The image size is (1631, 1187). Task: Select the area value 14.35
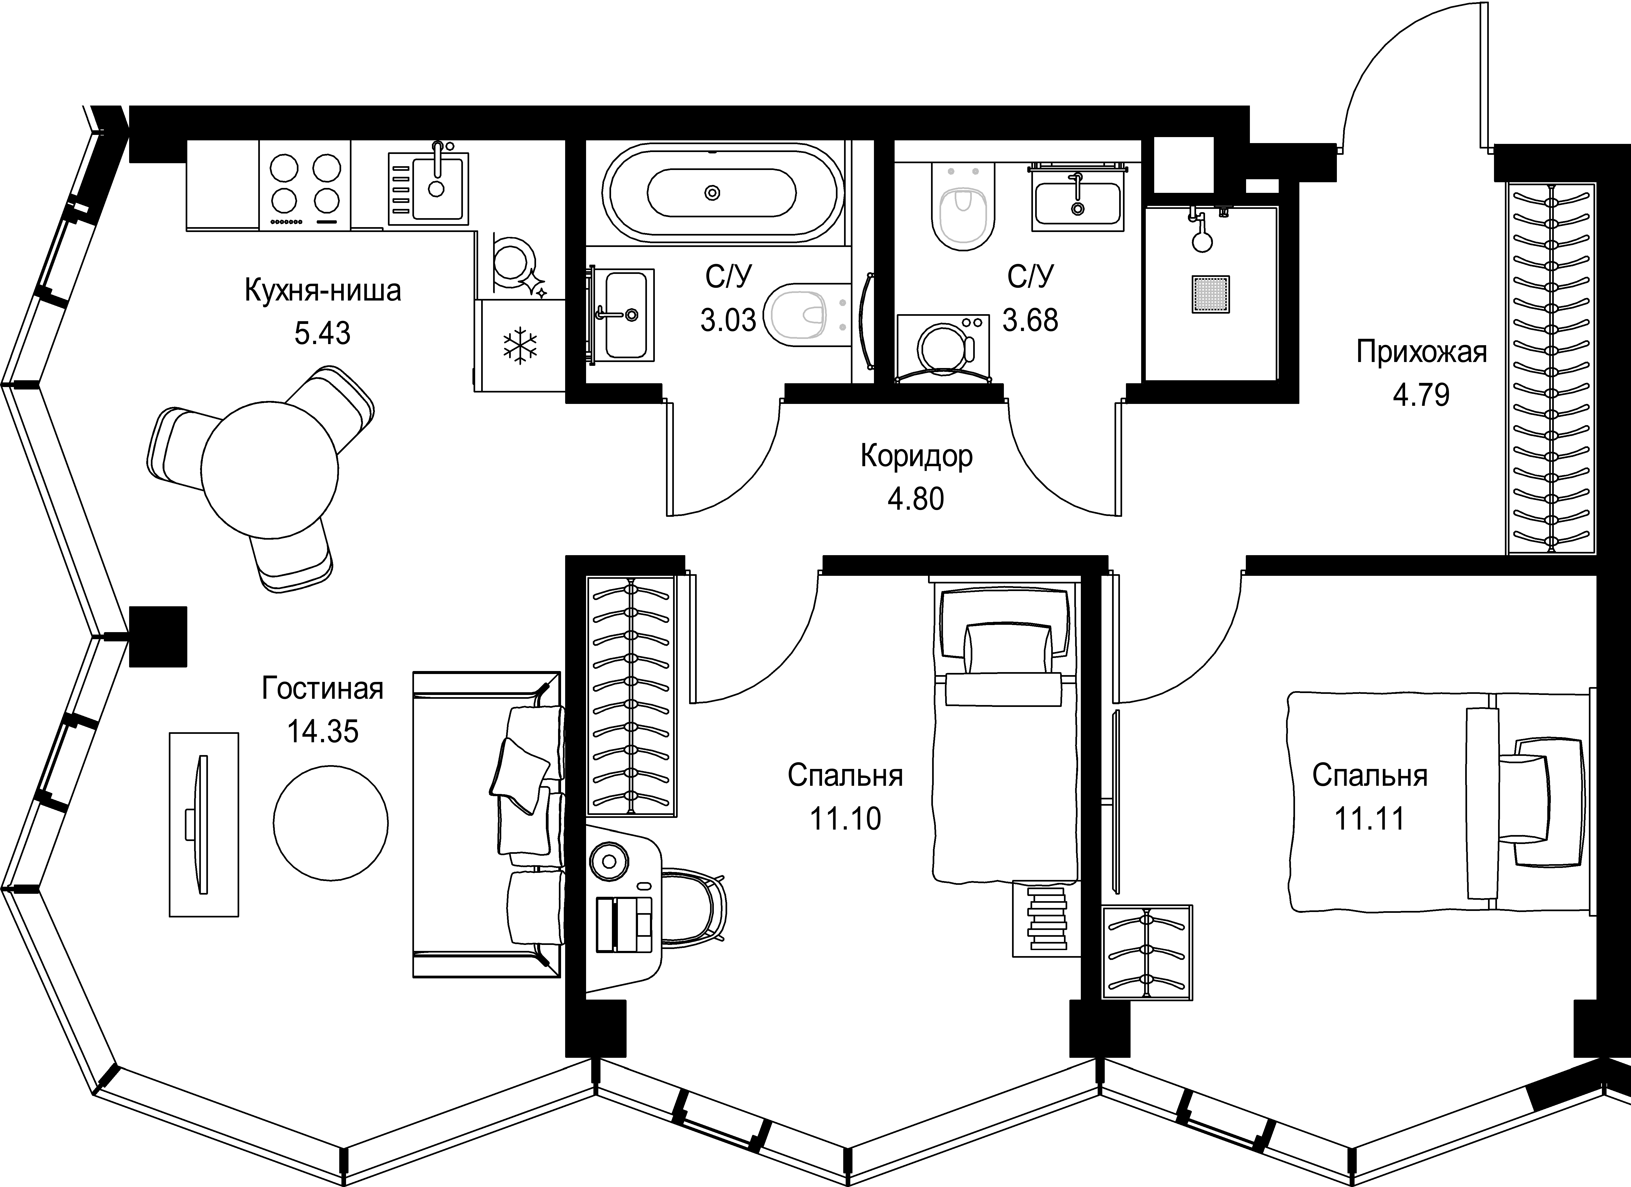click(323, 732)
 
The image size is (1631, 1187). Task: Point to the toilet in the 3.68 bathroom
click(964, 209)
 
